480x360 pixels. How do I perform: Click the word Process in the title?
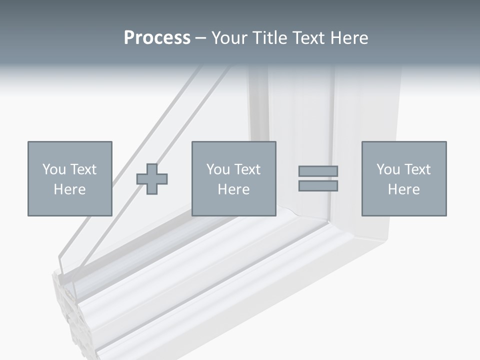(157, 38)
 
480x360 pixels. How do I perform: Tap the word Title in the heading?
(270, 38)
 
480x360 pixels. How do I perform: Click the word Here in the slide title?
(348, 38)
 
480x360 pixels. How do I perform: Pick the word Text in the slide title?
(308, 38)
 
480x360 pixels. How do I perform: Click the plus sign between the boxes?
(152, 178)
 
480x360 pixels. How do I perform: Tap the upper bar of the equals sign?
(318, 171)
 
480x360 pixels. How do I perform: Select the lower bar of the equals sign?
(318, 186)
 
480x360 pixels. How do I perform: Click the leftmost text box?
(70, 178)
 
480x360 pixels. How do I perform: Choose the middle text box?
(234, 178)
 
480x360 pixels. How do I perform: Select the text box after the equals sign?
(404, 178)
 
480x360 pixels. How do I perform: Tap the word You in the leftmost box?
(54, 169)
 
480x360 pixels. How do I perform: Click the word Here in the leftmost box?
(70, 189)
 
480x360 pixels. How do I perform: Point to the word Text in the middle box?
(247, 169)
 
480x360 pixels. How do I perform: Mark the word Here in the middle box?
(234, 189)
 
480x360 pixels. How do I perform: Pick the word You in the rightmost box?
(388, 169)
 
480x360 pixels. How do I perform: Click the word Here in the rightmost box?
(404, 189)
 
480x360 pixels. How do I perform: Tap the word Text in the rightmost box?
(417, 169)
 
